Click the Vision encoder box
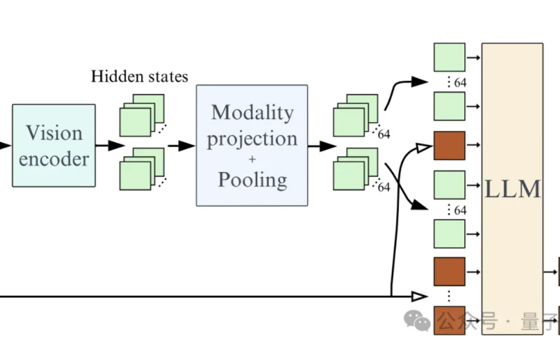tap(54, 145)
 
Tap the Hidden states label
tap(139, 76)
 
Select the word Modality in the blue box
tap(252, 112)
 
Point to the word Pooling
tap(252, 179)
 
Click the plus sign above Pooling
tap(252, 159)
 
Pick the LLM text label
tap(512, 189)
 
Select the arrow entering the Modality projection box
tap(182, 146)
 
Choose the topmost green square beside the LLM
tap(449, 57)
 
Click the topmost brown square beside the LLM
tap(449, 146)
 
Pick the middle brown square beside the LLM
tap(449, 271)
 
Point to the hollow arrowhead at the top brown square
tap(423, 147)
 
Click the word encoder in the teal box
tap(54, 159)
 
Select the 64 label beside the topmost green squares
tap(460, 83)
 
